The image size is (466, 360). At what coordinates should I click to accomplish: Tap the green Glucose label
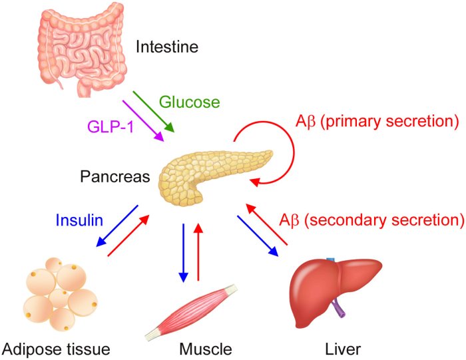click(189, 102)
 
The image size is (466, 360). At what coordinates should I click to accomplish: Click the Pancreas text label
click(114, 177)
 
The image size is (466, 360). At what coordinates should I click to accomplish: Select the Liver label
click(342, 348)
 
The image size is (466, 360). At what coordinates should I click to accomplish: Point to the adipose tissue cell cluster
click(59, 293)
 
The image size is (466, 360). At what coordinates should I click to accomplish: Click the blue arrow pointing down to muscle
click(182, 253)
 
